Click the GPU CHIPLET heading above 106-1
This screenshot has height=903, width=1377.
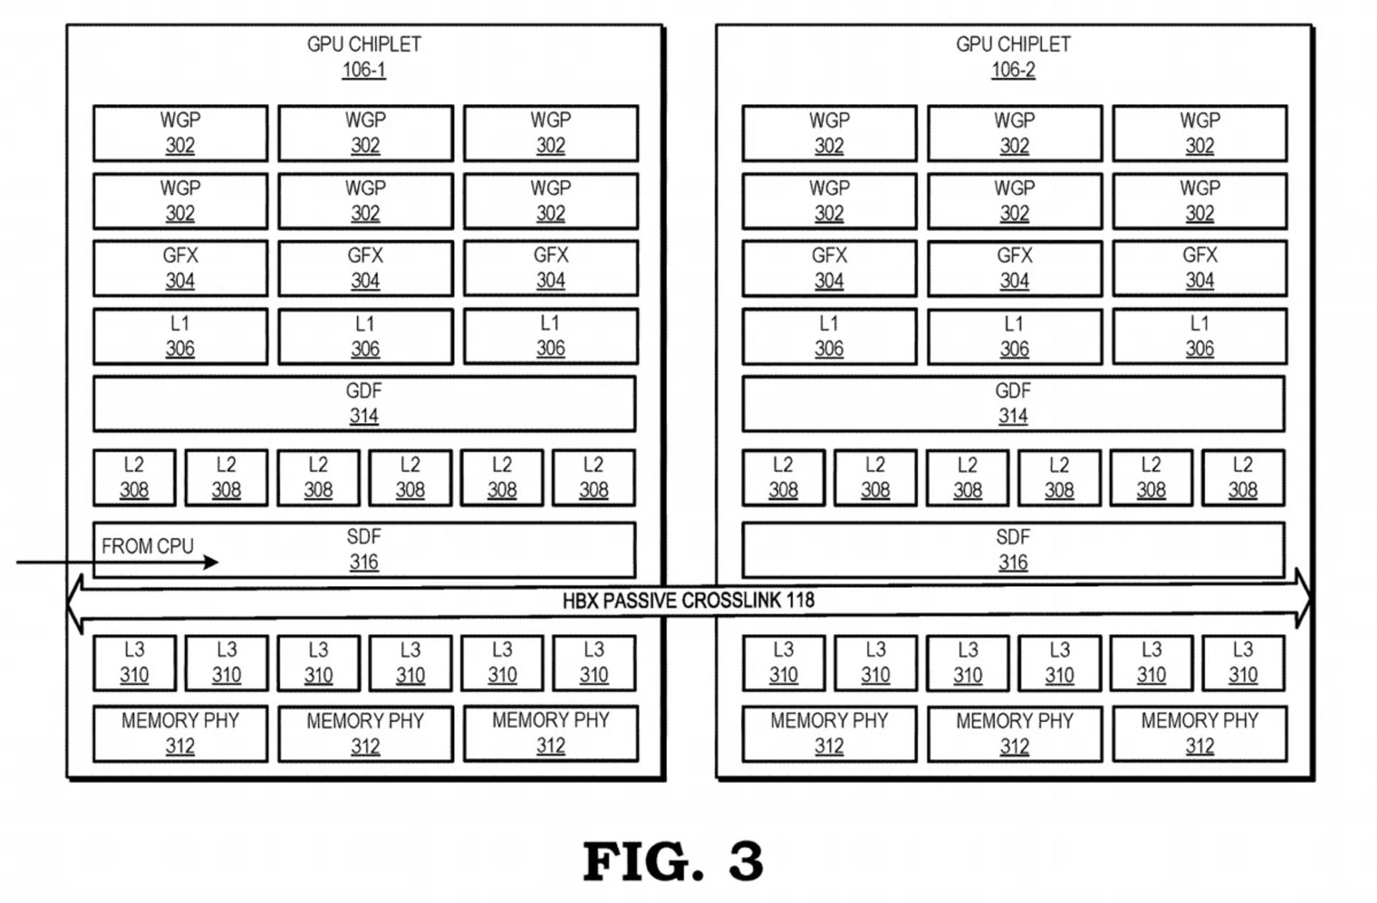pos(364,44)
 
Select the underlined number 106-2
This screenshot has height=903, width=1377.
pos(1013,70)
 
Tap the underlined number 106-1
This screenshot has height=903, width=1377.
pos(364,70)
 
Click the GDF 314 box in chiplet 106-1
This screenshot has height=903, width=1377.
pos(364,404)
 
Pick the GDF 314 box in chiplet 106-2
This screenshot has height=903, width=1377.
pos(1013,404)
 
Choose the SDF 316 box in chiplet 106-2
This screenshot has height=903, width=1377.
pos(1013,550)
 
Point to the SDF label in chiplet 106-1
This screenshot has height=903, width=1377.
pos(364,537)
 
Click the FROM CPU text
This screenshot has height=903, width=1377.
pos(147,547)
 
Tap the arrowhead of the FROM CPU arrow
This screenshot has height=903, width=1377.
pos(212,562)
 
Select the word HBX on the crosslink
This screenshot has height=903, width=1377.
pos(580,601)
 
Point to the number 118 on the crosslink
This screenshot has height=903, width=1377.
pos(800,601)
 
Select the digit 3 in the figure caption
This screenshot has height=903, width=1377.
pos(746,862)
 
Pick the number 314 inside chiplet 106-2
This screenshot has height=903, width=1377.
pos(1013,417)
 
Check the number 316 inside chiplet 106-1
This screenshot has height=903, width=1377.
pos(364,563)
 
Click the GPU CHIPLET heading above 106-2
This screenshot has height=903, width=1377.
pos(1013,44)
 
